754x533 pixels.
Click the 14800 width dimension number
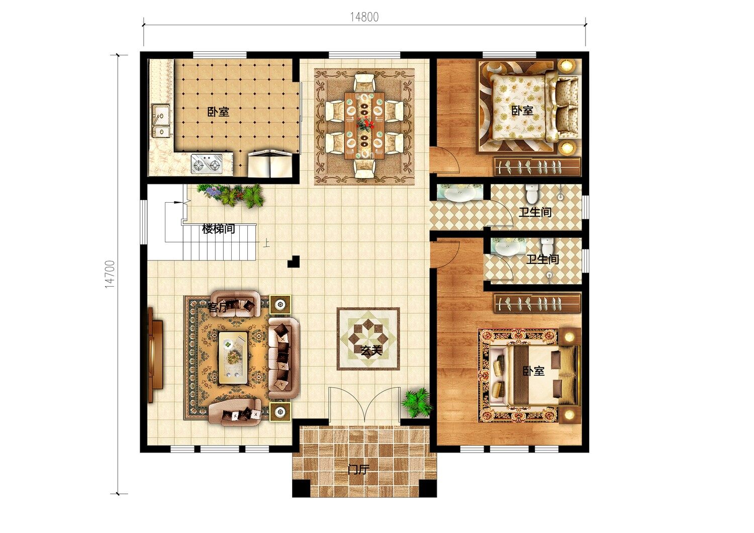(x=364, y=17)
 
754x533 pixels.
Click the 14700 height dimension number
(x=110, y=274)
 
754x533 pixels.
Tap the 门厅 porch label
(x=359, y=469)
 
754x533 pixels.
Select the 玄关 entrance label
(x=371, y=351)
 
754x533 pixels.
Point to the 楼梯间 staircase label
(x=219, y=229)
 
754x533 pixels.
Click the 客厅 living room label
(x=218, y=307)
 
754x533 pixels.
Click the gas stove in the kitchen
(x=207, y=164)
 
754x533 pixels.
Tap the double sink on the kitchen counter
(x=161, y=121)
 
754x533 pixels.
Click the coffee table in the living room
(x=233, y=358)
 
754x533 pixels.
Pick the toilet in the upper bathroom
(x=532, y=194)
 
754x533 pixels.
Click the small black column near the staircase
(x=294, y=261)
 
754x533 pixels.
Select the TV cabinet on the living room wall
(x=155, y=354)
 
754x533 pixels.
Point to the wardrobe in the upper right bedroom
(x=537, y=166)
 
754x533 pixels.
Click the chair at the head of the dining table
(x=364, y=82)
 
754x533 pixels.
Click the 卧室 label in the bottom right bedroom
(x=533, y=371)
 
